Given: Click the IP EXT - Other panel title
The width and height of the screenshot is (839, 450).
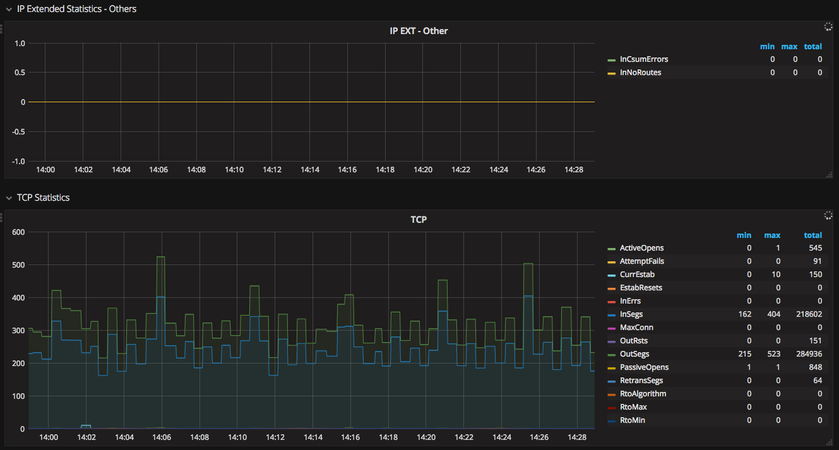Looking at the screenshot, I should pos(419,31).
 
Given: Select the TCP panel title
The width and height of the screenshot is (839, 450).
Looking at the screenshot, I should pos(419,220).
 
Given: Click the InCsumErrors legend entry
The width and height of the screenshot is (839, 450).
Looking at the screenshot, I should pos(644,59).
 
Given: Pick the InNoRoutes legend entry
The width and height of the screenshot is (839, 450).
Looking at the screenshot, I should pos(640,73).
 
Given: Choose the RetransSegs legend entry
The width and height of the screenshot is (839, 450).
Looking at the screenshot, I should pos(641,381).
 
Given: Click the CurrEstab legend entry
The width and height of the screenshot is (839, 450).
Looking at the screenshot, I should pos(637,275).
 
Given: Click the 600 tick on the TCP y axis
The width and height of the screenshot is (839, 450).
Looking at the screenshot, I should pos(18,232).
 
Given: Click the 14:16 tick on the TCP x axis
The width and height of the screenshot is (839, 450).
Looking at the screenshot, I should pos(348,437).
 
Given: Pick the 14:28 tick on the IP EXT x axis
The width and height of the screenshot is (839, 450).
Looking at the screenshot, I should pos(574,170).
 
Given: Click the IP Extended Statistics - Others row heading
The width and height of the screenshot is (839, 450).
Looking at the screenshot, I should pos(76,9).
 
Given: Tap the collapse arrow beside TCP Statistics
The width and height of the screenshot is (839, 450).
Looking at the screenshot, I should pos(9,198).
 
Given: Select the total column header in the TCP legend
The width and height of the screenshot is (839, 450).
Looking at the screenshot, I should pos(812,235).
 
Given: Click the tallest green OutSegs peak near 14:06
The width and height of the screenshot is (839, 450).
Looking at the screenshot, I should pos(160,257).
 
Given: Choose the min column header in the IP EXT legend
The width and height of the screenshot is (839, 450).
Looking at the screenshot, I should pos(767,47).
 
